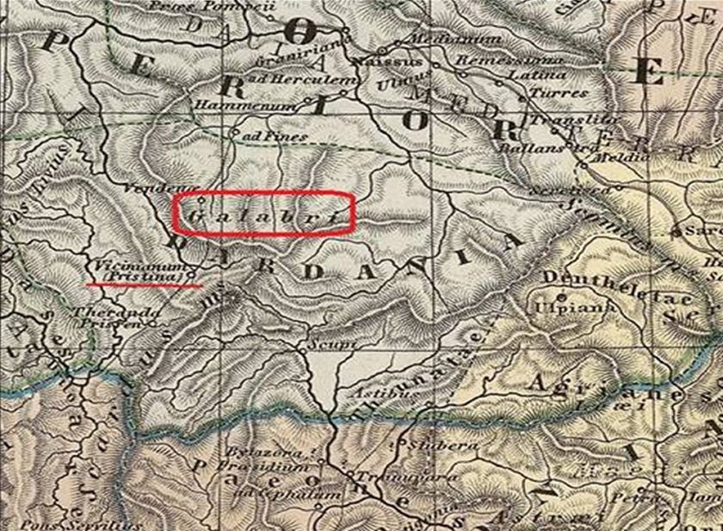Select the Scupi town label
tap(319, 345)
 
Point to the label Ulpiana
tap(562, 306)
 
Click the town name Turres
tap(559, 92)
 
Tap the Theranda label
tap(106, 311)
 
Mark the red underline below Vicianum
tap(144, 282)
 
